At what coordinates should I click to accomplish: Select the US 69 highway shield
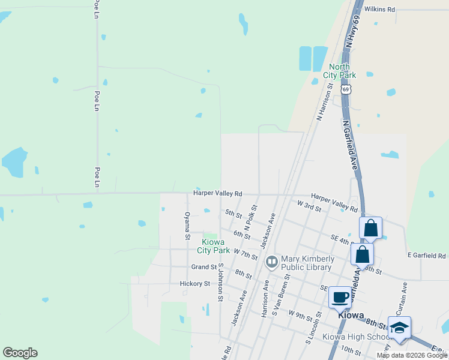[x=346, y=89]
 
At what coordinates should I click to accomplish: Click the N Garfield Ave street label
[x=351, y=144]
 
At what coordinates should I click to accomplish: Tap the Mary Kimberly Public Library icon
[x=272, y=261]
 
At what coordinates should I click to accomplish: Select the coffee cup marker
[x=340, y=296]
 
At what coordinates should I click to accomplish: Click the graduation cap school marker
[x=399, y=327]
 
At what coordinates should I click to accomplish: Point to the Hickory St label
[x=194, y=283]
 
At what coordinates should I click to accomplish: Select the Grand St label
[x=203, y=266]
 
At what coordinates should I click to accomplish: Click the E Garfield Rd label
[x=426, y=256]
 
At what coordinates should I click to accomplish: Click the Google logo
[x=20, y=353]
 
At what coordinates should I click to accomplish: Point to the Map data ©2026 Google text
[x=412, y=355]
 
